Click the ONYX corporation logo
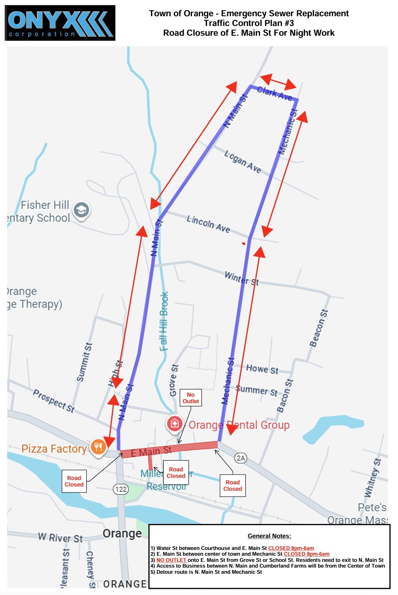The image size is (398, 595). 60,23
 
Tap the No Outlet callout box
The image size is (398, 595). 191,398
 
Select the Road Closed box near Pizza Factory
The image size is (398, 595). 74,481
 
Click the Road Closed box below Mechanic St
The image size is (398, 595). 233,485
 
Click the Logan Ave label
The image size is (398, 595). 242,162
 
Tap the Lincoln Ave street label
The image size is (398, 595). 208,224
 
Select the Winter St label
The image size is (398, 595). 241,278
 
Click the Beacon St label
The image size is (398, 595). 319,328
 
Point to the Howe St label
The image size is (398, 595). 262,369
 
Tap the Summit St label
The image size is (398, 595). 84,362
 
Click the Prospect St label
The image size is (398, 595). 54,400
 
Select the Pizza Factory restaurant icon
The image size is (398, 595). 98,448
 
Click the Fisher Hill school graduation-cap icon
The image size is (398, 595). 82,210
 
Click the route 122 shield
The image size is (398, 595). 121,489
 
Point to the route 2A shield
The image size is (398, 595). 241,458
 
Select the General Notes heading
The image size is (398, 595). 269,536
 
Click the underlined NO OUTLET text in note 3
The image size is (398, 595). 171,560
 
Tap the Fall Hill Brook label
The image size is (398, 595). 164,321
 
